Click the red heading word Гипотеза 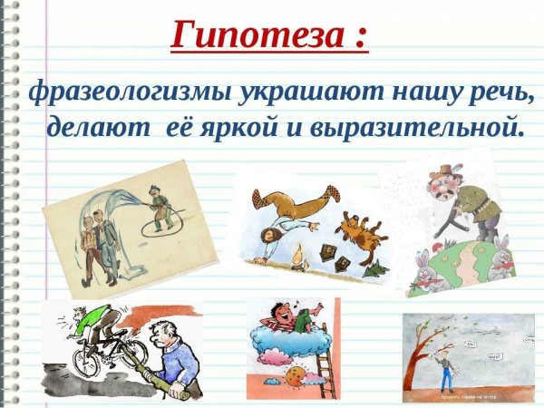(x=257, y=35)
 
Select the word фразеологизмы (x=128, y=92)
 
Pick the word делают (x=97, y=126)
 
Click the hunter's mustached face (x=449, y=182)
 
